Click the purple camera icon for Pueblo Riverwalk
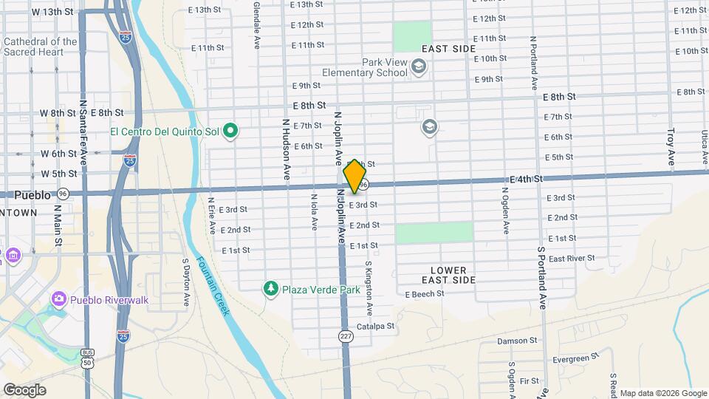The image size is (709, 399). (x=58, y=299)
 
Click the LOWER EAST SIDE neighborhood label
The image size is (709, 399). (x=448, y=275)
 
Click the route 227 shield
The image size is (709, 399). (x=345, y=336)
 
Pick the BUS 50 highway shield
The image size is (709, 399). (x=88, y=358)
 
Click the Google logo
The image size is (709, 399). (x=24, y=389)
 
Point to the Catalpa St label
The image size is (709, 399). (x=376, y=326)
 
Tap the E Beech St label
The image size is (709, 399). (x=425, y=294)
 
